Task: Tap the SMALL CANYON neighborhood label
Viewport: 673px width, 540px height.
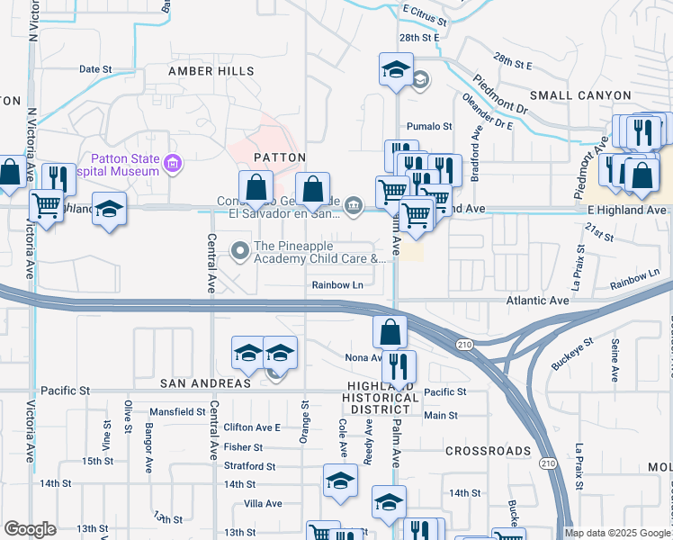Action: [x=593, y=94]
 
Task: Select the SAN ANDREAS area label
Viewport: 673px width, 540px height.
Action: [x=205, y=383]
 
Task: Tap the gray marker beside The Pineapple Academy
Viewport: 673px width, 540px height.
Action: [x=240, y=249]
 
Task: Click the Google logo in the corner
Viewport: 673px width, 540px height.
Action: [x=30, y=529]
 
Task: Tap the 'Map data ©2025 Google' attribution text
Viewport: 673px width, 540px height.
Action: [x=616, y=533]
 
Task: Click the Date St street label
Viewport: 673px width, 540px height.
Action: [x=95, y=68]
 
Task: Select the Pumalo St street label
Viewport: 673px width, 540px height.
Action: [x=429, y=127]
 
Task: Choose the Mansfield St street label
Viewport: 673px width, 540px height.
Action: [x=178, y=411]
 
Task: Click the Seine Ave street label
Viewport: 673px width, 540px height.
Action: [x=615, y=358]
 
